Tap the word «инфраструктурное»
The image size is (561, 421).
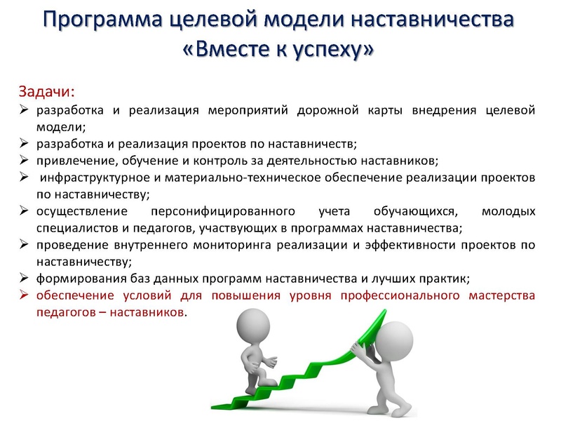(x=90, y=178)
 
